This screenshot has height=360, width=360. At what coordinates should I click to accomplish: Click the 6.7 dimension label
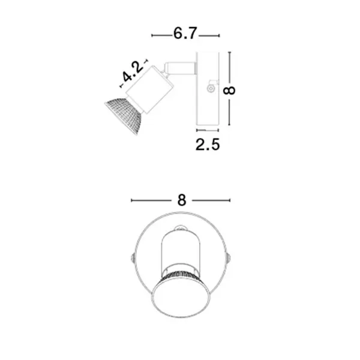point(185,34)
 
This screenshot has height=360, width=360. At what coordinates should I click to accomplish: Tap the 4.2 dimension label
point(132,72)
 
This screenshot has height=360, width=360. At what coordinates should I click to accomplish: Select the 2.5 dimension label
point(208,145)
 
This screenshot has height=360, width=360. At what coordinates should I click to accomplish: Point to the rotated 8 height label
point(229,91)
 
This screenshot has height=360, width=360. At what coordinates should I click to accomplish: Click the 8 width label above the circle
point(182,200)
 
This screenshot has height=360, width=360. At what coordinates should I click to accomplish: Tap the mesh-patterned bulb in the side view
point(124,115)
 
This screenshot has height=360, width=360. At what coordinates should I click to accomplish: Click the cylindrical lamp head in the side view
point(149,89)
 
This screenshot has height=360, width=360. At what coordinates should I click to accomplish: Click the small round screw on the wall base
point(211,88)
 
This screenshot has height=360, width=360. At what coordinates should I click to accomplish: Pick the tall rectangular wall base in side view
point(208,89)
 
